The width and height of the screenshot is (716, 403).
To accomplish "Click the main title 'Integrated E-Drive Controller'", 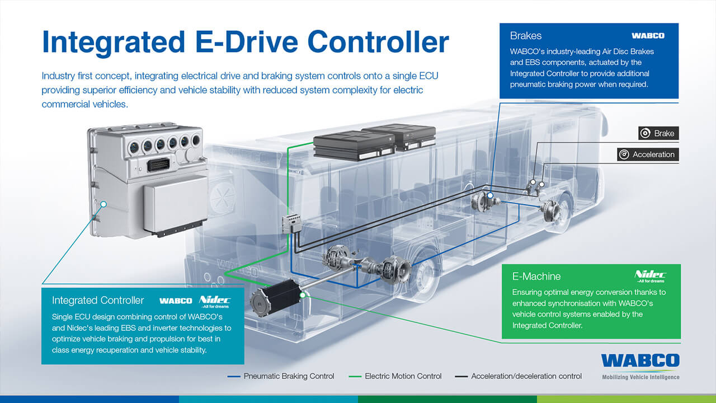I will (x=246, y=43).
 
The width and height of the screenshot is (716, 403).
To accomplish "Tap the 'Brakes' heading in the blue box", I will (x=526, y=36).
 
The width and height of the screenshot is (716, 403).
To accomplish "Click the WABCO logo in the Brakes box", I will (x=648, y=36).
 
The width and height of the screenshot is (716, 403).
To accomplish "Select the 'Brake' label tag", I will (x=658, y=133).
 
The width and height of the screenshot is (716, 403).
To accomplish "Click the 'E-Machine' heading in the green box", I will (x=536, y=277).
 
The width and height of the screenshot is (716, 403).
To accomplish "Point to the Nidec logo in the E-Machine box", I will (x=650, y=276).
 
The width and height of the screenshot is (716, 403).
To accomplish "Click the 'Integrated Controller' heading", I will (x=98, y=301).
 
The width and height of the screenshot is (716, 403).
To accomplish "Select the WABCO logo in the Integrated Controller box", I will (x=176, y=301).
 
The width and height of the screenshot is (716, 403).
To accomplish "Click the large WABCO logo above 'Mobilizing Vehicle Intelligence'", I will (x=640, y=360).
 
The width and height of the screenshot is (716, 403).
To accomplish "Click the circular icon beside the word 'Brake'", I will (x=646, y=133).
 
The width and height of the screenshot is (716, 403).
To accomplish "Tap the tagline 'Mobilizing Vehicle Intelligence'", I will (x=640, y=377).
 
